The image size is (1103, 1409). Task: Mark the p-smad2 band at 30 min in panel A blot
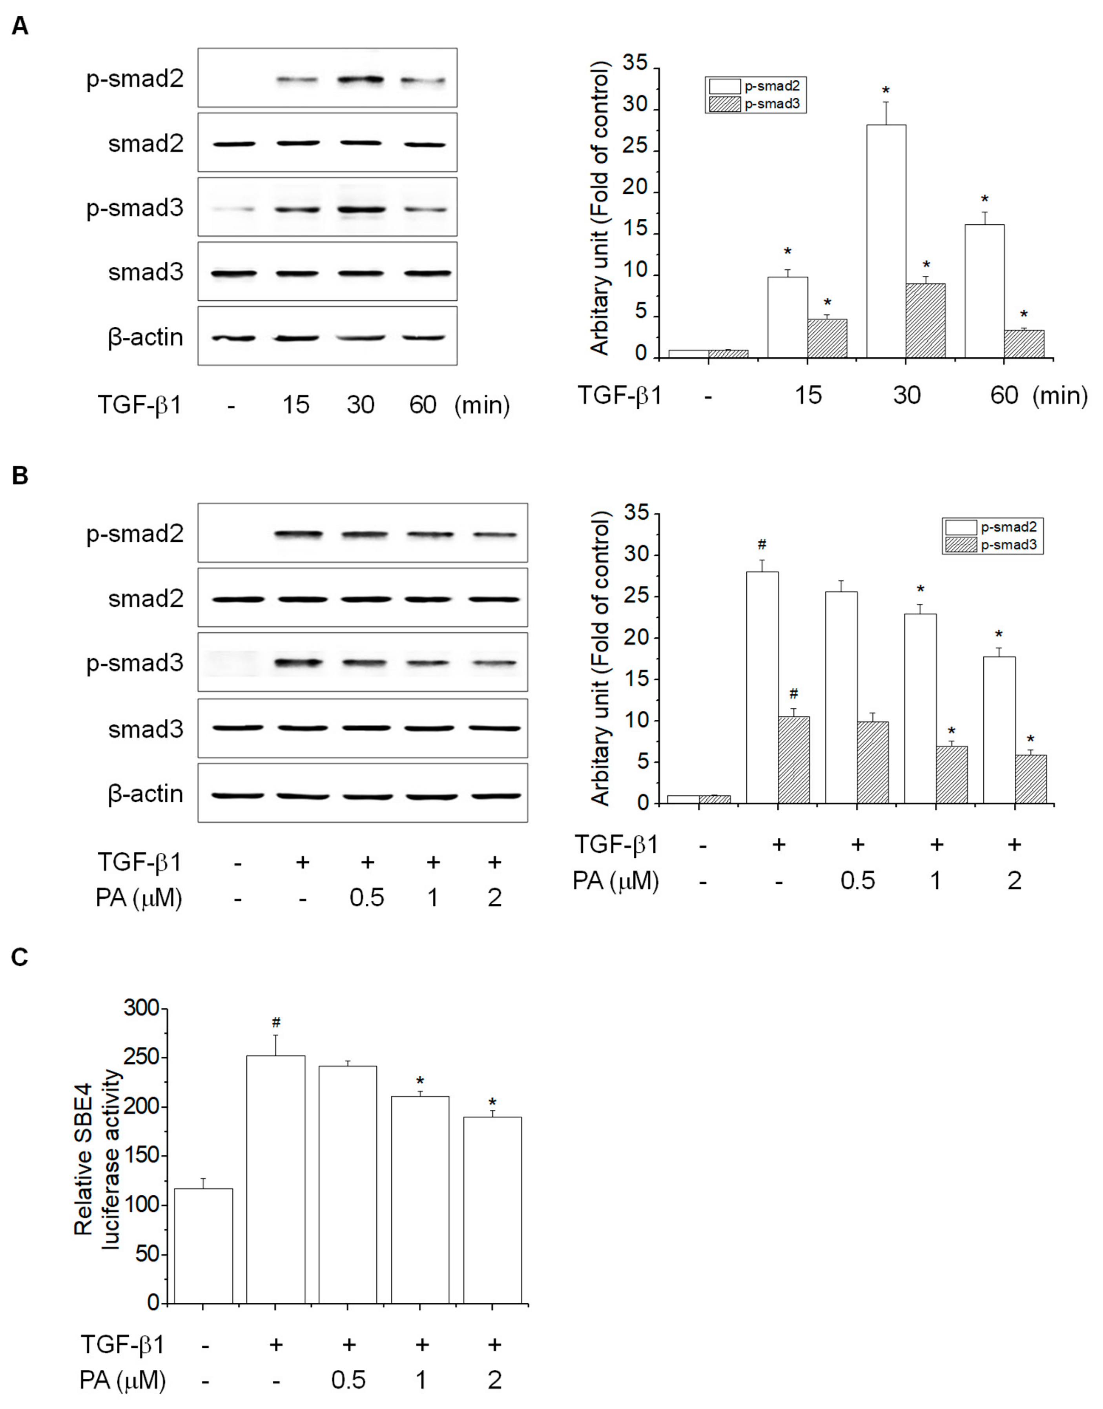360,80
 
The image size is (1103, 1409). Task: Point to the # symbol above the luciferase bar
276,1022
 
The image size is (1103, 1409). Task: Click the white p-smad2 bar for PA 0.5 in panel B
841,697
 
